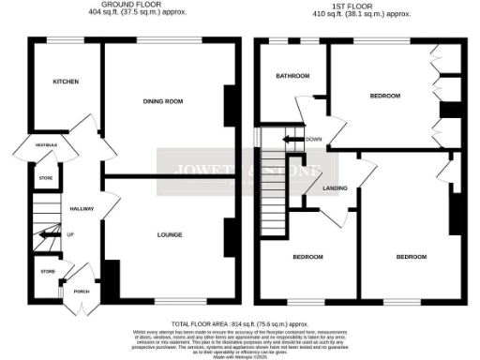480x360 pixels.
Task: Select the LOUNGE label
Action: click(x=170, y=233)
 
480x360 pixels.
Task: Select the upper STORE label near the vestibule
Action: click(x=45, y=176)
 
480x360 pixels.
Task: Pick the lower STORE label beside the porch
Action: click(x=47, y=272)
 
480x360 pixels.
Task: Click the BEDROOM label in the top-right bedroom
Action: click(x=385, y=96)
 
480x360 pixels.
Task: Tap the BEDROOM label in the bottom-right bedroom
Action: click(x=410, y=256)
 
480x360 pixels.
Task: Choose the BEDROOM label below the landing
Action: click(x=307, y=256)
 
